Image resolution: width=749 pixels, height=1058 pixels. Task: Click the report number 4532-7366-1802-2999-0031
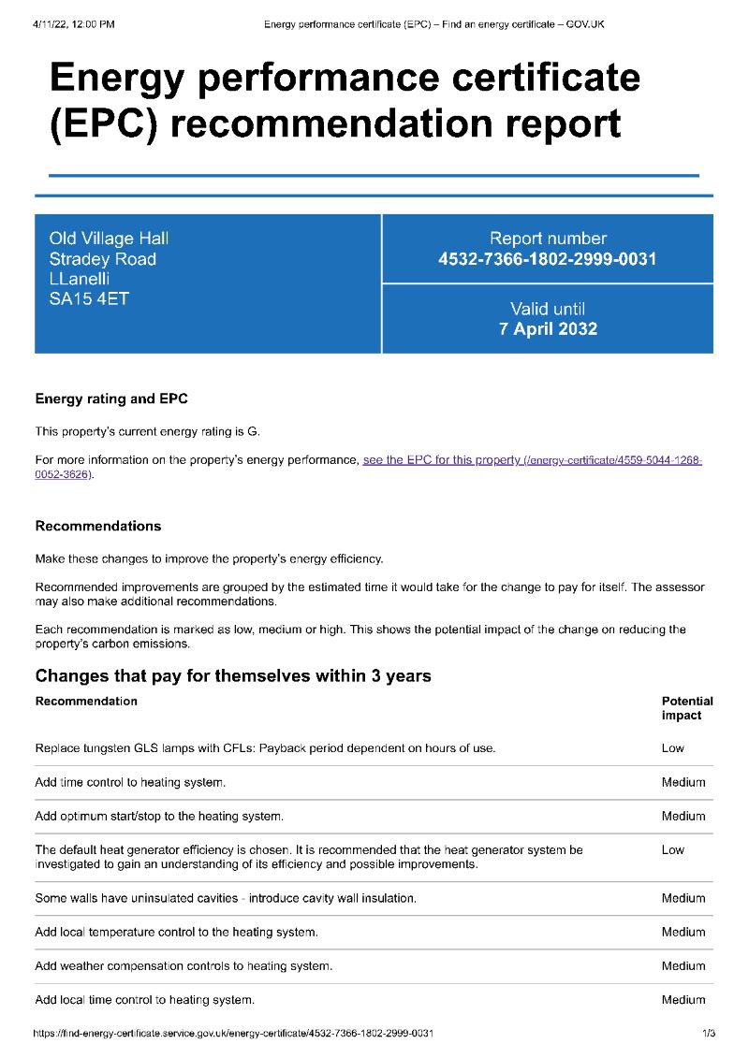tap(547, 259)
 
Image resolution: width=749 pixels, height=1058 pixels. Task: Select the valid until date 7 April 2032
tap(548, 328)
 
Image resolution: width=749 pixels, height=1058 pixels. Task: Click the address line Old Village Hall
tap(109, 239)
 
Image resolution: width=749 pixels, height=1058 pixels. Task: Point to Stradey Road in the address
tap(102, 259)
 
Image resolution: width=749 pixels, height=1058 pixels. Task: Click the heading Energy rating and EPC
tap(111, 399)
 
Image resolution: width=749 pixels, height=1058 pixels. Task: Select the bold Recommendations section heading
tap(97, 527)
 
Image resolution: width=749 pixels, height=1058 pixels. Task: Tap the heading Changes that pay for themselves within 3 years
tap(233, 675)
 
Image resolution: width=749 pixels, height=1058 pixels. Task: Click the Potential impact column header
tap(686, 708)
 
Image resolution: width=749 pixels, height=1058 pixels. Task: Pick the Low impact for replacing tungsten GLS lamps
tap(672, 748)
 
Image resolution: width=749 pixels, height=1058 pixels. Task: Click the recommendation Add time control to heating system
tap(130, 782)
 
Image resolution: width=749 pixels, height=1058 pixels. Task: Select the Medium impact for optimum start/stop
tap(683, 817)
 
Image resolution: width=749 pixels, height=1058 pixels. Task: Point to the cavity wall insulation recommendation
tap(226, 898)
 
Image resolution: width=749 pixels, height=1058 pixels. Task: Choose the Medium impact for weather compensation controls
tap(683, 966)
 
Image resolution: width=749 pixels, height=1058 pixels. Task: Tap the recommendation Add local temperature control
tap(176, 933)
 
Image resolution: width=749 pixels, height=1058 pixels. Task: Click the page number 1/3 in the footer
tap(708, 1034)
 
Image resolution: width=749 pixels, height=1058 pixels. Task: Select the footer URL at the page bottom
tap(233, 1034)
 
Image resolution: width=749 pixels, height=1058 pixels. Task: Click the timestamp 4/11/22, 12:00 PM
tap(73, 23)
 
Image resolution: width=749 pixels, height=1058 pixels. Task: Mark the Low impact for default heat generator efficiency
tap(672, 850)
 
